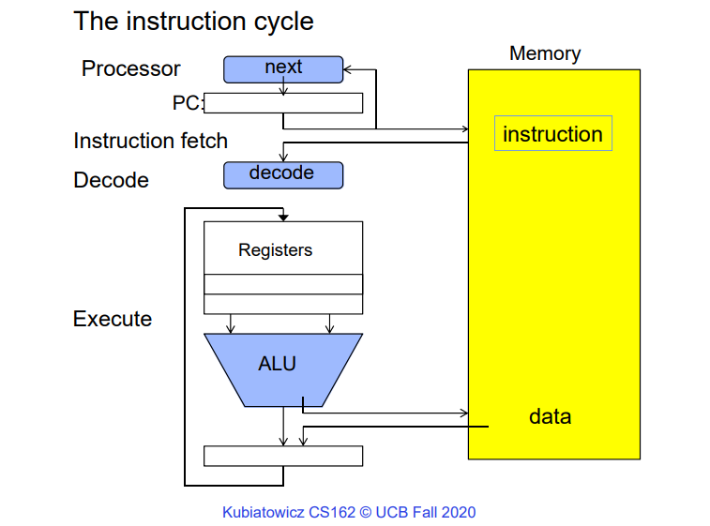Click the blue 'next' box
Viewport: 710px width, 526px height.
[283, 68]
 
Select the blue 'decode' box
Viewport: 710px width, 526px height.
[282, 174]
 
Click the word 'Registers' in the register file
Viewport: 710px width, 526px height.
[275, 250]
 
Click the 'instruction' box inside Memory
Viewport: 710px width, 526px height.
[552, 134]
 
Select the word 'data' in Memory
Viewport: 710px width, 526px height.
[550, 416]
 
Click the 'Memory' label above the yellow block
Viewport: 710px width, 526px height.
[544, 53]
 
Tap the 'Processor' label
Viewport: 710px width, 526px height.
[130, 68]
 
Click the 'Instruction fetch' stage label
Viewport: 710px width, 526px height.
[150, 141]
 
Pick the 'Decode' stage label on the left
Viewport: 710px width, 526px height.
[111, 180]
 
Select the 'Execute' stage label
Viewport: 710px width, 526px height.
[112, 319]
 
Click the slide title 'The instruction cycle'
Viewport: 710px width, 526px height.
[193, 20]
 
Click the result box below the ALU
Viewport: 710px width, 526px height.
[283, 456]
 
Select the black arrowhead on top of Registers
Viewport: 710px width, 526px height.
[282, 217]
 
